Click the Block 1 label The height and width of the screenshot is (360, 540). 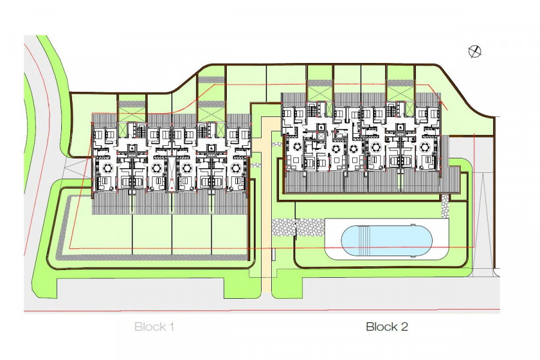[154, 327]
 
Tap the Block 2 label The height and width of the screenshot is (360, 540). [387, 327]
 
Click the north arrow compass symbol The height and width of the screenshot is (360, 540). [475, 52]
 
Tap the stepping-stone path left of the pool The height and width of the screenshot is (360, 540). [296, 227]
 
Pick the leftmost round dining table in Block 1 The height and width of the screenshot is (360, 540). [109, 167]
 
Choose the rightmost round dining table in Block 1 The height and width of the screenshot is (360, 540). [236, 167]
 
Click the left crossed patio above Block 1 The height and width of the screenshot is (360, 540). [131, 113]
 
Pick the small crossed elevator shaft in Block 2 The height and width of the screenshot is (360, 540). [321, 136]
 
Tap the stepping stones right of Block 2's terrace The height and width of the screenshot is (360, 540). [445, 206]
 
